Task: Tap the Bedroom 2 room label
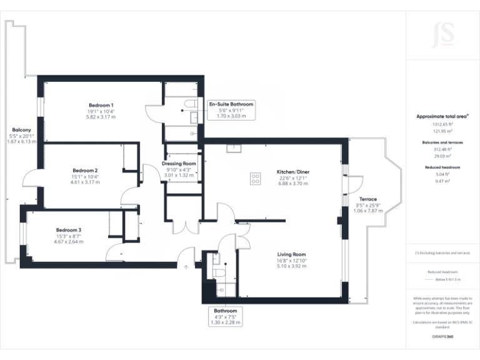[85, 171]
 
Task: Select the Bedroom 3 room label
[68, 230]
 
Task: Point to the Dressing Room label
[179, 164]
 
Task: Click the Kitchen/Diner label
[293, 172]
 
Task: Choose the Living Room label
[292, 254]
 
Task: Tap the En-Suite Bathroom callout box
[231, 109]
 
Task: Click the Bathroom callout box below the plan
[225, 316]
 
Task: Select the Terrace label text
[367, 199]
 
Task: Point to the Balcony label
[22, 130]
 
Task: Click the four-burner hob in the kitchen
[255, 179]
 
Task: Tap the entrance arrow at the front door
[186, 267]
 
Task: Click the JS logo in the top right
[442, 34]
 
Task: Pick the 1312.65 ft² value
[442, 124]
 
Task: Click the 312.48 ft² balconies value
[442, 149]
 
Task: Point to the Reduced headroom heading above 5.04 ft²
[442, 167]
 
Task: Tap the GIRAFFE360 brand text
[442, 337]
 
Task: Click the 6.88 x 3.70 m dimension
[293, 184]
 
